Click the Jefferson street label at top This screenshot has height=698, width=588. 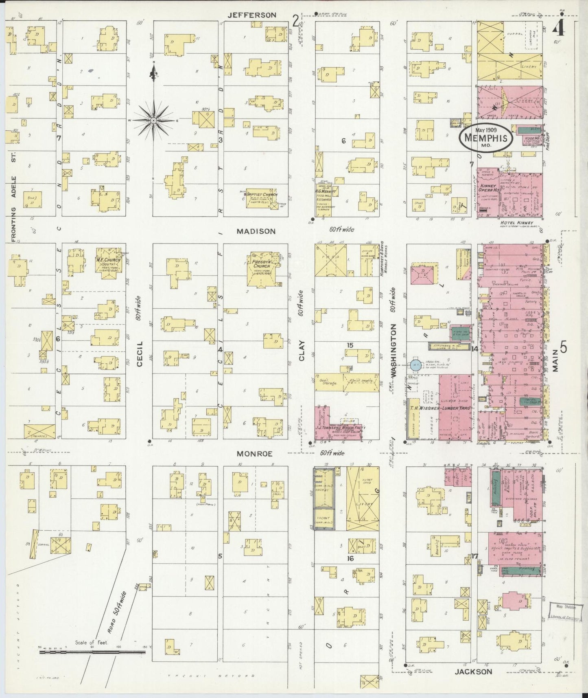pos(251,15)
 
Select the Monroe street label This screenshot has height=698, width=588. pos(255,454)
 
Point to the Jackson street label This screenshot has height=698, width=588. pos(473,672)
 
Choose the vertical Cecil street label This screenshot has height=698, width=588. pos(140,354)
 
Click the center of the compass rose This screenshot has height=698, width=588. pos(153,121)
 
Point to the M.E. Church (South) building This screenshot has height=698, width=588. pos(107,264)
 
